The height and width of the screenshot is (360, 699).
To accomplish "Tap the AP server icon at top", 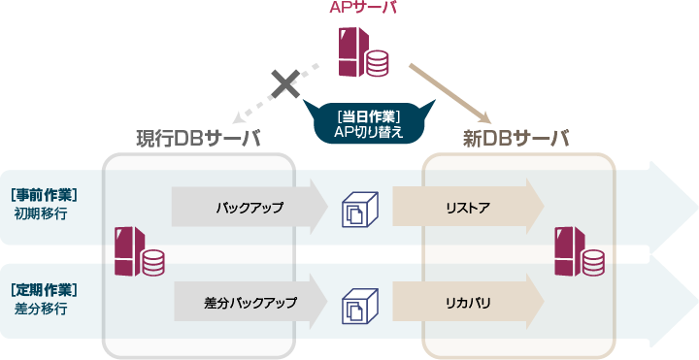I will pos(362,52).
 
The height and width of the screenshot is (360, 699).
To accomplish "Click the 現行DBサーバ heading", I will pos(198,139).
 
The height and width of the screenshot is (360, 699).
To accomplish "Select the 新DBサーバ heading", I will pos(516,139).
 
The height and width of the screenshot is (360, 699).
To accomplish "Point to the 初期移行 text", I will pos(41,213).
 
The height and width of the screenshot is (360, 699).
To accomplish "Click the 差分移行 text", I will pos(41,308).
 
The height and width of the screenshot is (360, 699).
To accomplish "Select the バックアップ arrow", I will pos(250,207).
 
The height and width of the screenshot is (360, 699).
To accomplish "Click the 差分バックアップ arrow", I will pos(250,303).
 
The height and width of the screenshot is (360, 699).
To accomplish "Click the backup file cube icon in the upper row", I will pos(358,209).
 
